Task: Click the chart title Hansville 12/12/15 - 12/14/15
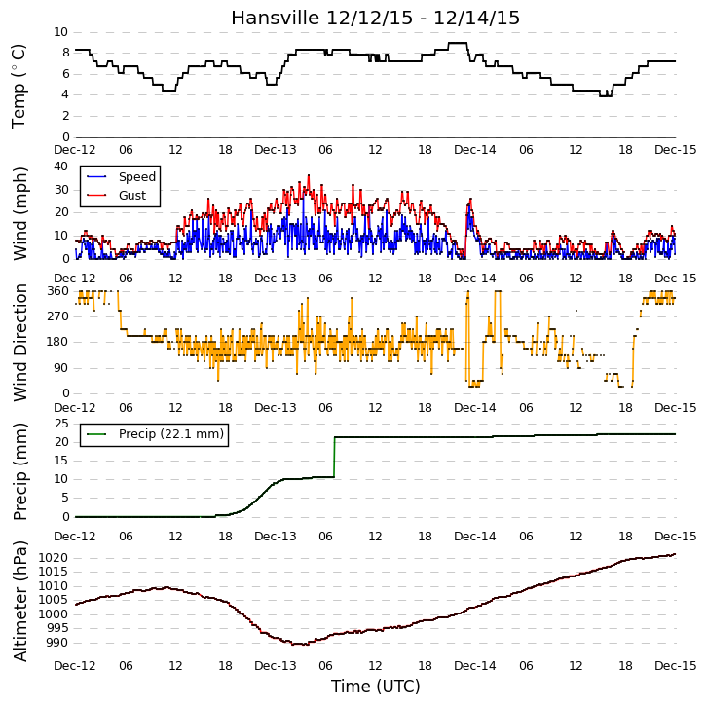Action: point(376,18)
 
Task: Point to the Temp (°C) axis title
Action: point(19,86)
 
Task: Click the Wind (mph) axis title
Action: point(19,214)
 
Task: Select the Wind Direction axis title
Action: point(19,343)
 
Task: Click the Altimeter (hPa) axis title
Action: point(19,601)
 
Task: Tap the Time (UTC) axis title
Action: point(376,687)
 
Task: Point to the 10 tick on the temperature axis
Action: point(60,32)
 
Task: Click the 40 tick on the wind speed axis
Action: point(60,167)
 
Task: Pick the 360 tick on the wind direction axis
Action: point(58,291)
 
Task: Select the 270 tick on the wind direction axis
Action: point(58,316)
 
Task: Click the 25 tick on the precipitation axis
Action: point(61,424)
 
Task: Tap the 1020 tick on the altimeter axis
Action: point(54,558)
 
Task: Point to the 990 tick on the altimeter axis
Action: point(57,643)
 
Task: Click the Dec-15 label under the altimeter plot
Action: point(676,665)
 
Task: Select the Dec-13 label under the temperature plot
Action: point(276,150)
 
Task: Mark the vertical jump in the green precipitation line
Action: point(334,457)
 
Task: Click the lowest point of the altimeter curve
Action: point(299,645)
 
